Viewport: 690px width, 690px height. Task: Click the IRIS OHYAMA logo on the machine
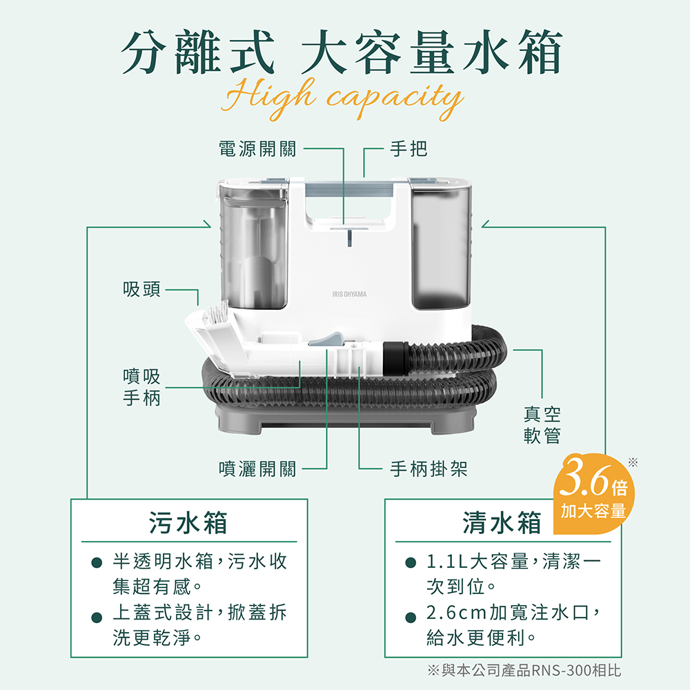tap(349, 294)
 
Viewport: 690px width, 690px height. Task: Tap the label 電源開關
tap(258, 149)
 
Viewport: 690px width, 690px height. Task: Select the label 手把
tap(408, 149)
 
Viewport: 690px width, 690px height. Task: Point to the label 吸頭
tap(141, 289)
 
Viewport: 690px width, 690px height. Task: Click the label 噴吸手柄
tap(141, 387)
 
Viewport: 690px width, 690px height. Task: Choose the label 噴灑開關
tap(258, 469)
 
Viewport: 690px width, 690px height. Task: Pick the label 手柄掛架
tap(428, 469)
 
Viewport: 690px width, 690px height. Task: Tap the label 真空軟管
tap(542, 424)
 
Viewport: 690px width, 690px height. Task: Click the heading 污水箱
tap(188, 523)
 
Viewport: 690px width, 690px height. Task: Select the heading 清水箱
tap(502, 523)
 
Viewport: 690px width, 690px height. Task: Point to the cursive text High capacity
tap(342, 99)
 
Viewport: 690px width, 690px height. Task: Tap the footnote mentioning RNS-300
tap(524, 670)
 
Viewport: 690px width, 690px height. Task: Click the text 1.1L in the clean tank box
tap(447, 561)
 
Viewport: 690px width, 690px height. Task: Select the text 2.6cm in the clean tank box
tap(457, 612)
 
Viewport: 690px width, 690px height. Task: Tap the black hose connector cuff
tap(395, 357)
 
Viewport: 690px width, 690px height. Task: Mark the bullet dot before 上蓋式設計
tap(97, 618)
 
